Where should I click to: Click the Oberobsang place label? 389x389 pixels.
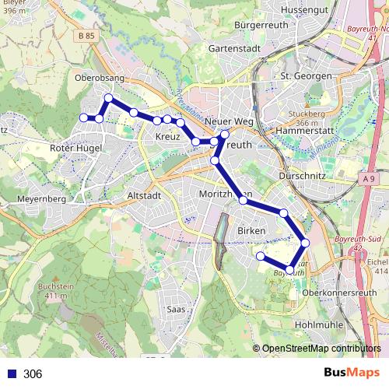point(99,78)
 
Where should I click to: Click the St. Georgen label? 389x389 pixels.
point(306,76)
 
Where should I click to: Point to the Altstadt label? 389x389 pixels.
point(142,197)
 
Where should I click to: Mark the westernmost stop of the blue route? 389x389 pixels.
point(84,117)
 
